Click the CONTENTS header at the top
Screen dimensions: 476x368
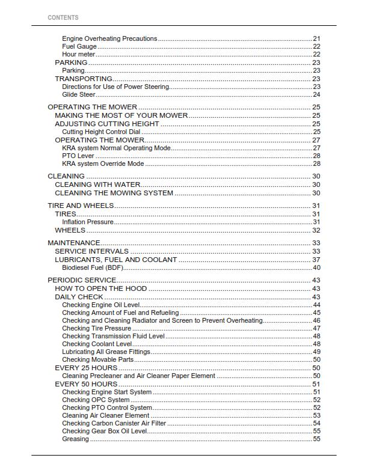[63, 17]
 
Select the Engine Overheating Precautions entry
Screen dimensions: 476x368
[109, 38]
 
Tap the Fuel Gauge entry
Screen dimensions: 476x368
[79, 46]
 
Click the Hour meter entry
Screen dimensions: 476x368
[79, 54]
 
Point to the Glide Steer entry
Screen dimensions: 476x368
[79, 94]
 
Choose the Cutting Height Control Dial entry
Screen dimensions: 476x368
[101, 132]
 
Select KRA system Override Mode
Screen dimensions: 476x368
[103, 163]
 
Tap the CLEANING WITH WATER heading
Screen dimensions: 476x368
[97, 185]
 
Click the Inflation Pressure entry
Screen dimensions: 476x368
[88, 222]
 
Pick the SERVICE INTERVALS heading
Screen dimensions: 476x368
[91, 251]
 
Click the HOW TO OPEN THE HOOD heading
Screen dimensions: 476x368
[101, 288]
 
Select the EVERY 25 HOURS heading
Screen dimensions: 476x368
[86, 367]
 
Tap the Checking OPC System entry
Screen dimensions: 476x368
[96, 400]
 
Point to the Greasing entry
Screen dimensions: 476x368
[75, 439]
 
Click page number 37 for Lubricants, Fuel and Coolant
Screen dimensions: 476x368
[316, 260]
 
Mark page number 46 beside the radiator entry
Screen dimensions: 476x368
[316, 320]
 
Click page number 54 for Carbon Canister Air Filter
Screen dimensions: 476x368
[316, 423]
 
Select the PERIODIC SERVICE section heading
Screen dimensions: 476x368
[82, 281]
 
